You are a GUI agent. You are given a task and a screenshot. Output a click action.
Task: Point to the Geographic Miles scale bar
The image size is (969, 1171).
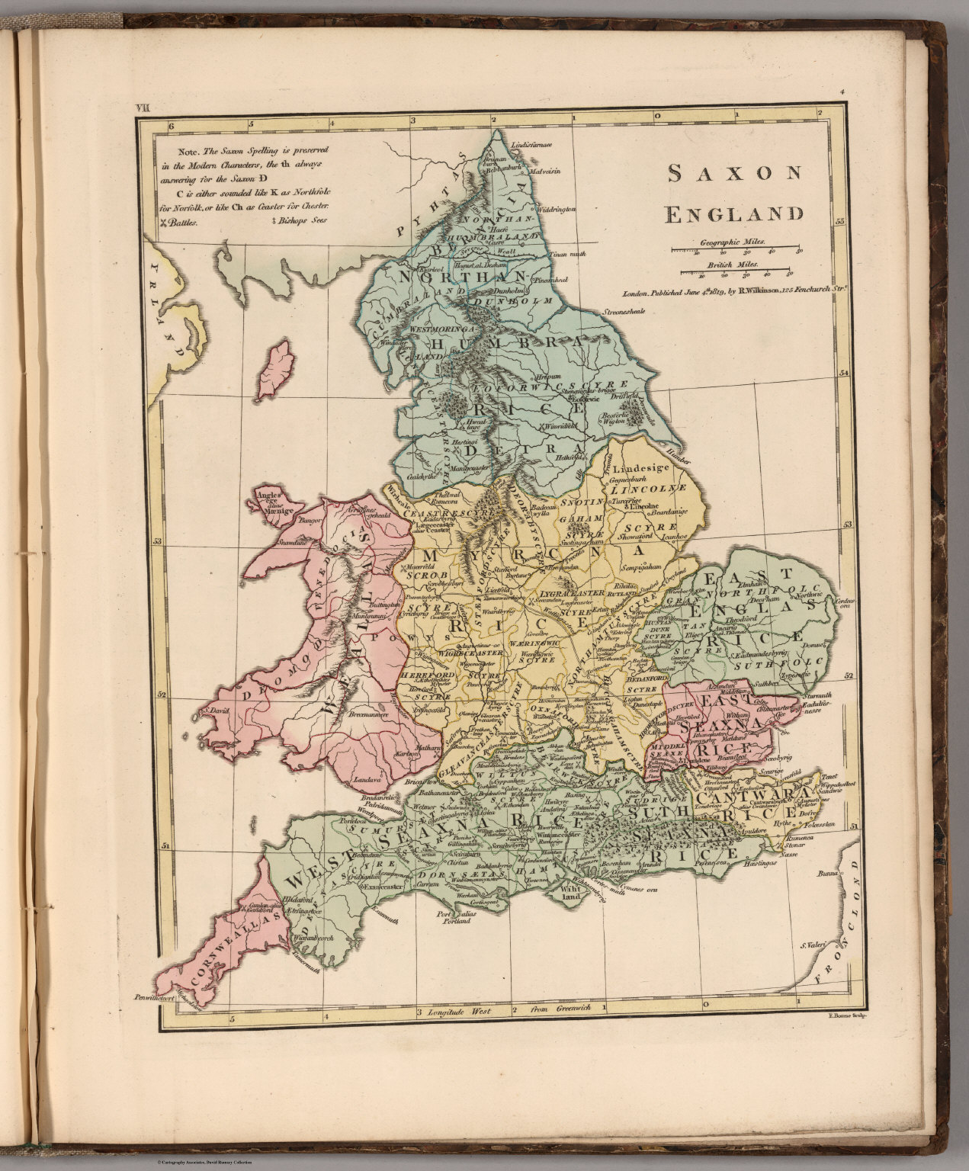point(736,249)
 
